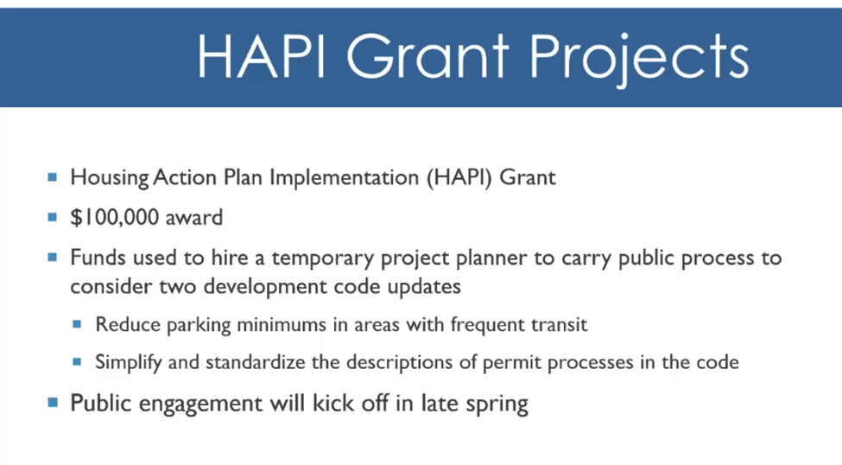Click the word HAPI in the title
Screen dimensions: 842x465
262,56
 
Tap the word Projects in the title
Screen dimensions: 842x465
639,59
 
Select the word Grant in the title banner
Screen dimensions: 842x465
427,56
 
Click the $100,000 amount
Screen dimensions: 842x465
114,217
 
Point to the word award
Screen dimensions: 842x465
193,218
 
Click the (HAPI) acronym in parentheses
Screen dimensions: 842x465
459,177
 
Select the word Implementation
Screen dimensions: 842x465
344,177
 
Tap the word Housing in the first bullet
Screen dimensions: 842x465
110,178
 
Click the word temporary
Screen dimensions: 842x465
323,258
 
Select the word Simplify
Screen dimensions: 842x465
129,362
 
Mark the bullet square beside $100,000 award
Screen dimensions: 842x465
52,217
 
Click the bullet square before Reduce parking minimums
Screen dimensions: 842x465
77,324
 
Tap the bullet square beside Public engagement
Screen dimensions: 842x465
52,402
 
